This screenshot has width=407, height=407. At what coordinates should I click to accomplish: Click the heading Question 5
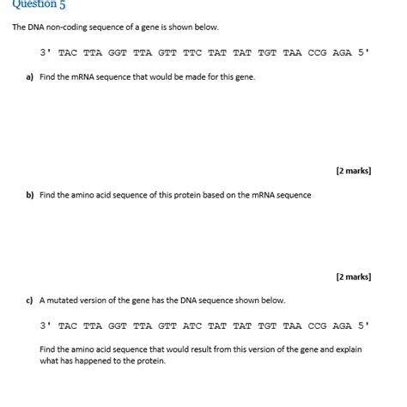tap(39, 4)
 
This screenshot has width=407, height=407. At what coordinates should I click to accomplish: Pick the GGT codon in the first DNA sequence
tap(118, 52)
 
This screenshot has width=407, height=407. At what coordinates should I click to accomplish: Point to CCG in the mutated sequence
tap(317, 325)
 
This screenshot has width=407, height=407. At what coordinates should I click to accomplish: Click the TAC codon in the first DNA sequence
tap(68, 52)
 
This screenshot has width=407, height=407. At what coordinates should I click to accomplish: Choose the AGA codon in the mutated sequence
tap(342, 325)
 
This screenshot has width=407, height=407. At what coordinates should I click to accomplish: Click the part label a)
tap(30, 77)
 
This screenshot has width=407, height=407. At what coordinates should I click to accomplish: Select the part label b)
tap(30, 195)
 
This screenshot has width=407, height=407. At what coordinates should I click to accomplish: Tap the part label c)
tap(30, 301)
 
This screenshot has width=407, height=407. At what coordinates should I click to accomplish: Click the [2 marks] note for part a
tap(353, 171)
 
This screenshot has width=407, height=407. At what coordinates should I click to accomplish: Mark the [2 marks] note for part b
tap(353, 276)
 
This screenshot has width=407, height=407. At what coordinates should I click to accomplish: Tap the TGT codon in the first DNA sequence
tap(267, 52)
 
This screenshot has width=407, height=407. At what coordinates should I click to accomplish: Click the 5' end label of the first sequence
tap(364, 52)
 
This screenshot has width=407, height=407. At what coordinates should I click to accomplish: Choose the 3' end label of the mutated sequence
tap(46, 325)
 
